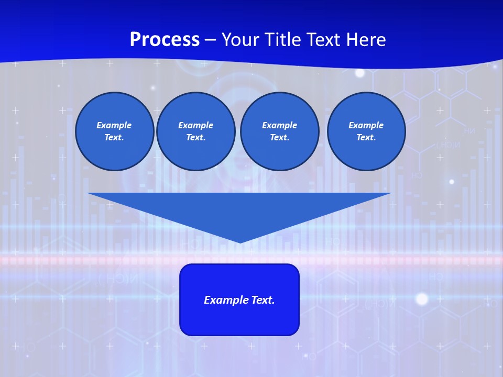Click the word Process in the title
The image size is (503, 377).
tap(165, 40)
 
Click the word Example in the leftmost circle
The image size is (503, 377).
tap(114, 125)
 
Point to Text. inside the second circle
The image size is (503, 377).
tap(195, 138)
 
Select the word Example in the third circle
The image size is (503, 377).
tap(279, 125)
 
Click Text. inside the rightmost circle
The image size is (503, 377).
tap(366, 138)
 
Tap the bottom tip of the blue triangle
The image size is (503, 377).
tap(240, 241)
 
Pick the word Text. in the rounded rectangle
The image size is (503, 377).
tap(263, 300)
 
